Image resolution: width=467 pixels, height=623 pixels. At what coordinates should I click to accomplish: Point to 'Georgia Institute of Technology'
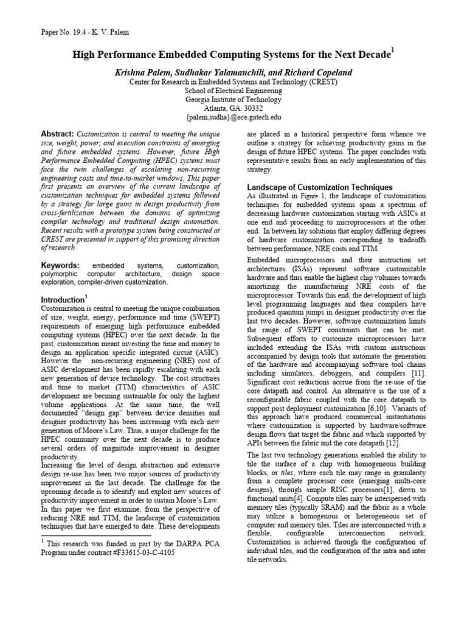pos(233,100)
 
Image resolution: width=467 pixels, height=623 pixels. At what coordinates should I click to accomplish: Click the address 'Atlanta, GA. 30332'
pos(233,109)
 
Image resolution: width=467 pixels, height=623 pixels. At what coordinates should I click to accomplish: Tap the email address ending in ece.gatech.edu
pos(233,118)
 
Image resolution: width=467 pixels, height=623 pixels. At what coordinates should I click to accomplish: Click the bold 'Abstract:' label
pos(57,133)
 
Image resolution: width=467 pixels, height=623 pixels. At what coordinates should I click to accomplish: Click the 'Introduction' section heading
pos(61,300)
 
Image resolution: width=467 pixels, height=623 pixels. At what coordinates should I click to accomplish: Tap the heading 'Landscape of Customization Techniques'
pos(319,187)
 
